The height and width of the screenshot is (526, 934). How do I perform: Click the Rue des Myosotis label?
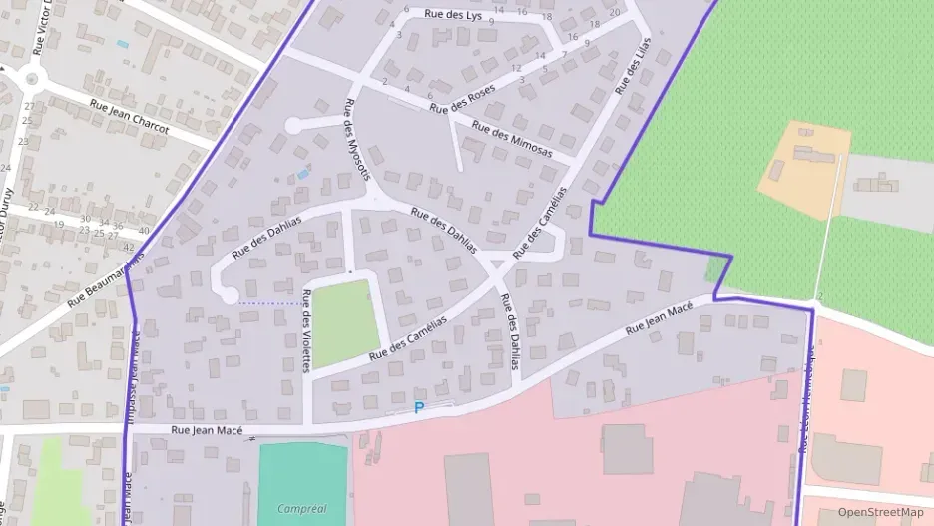tap(355, 141)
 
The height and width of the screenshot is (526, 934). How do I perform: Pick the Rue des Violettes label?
tap(306, 330)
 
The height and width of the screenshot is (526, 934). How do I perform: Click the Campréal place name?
tap(303, 509)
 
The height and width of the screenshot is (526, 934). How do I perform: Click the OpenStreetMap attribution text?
tap(880, 512)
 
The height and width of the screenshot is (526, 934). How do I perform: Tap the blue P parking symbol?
tap(419, 407)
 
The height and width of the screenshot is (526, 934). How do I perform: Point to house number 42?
tap(128, 247)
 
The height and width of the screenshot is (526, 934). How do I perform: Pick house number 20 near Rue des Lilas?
tap(613, 12)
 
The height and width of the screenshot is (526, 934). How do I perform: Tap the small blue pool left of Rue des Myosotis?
tap(302, 175)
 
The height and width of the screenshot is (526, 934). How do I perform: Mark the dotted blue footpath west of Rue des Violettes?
tap(268, 302)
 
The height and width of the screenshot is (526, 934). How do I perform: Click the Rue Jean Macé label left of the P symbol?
tap(208, 430)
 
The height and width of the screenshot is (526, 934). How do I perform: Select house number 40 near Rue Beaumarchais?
tap(146, 231)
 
